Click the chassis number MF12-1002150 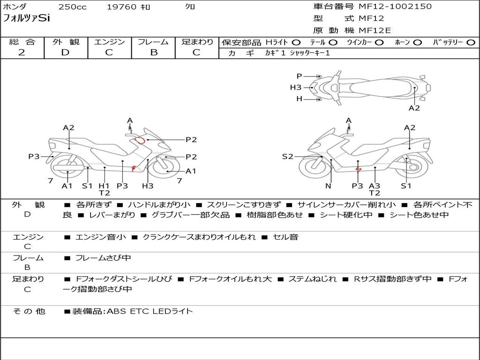395,6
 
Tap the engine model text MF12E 375,30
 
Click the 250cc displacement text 73,7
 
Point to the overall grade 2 22,52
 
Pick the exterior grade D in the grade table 65,52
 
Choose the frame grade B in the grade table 154,52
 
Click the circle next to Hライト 296,43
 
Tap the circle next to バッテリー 471,43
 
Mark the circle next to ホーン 417,43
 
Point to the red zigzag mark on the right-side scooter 358,170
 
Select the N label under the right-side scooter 328,186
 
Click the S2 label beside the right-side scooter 287,157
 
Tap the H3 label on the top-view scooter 296,88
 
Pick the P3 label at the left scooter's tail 34,157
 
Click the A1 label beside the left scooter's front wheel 191,171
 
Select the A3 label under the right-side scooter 375,186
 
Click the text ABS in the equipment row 116,311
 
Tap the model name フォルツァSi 26,18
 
